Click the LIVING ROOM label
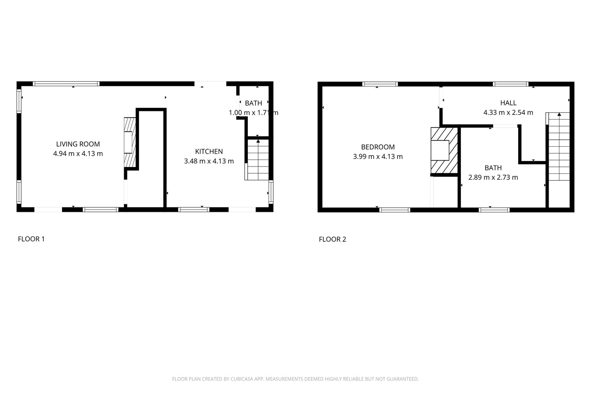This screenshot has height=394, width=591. coord(78,144)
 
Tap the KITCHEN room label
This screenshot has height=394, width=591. coord(209,152)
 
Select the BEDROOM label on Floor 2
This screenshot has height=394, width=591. coord(378,147)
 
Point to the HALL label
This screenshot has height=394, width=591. coord(508,103)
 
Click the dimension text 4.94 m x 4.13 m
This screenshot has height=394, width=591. coord(78,154)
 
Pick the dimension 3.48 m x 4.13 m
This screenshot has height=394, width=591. coord(209,161)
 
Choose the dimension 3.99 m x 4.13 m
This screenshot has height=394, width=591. coord(378,157)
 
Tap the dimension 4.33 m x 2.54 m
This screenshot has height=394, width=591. coord(508,112)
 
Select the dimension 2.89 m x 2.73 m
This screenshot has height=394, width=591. coord(493,177)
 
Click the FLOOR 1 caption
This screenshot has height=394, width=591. coord(31,239)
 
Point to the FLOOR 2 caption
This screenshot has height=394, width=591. coord(332,240)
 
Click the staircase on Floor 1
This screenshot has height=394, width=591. coord(258,160)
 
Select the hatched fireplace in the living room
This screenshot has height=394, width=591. coord(129,142)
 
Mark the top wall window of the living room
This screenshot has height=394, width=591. coord(66,84)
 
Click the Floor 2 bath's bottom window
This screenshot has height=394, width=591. coord(494,210)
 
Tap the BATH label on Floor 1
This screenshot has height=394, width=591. coord(254,103)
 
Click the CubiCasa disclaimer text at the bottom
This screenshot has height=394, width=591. coord(295,379)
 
